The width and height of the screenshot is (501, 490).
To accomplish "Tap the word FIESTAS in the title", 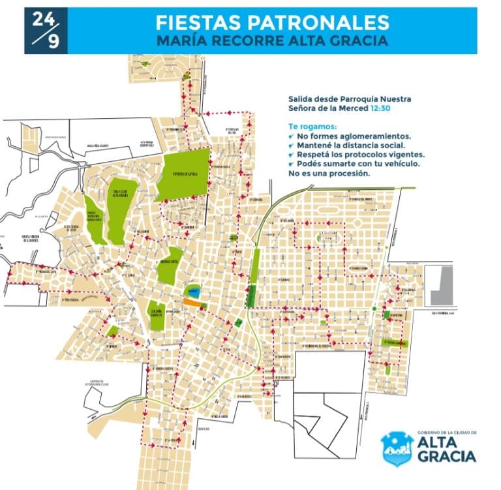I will point(199,22).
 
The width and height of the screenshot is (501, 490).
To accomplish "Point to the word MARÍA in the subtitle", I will point(181,40).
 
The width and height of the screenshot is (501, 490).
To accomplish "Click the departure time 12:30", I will point(380,108).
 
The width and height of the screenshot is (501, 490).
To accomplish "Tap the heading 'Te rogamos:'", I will point(312,126).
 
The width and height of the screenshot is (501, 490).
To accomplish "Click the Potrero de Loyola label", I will point(184,175).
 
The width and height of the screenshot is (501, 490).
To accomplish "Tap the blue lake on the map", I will point(192,290).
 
